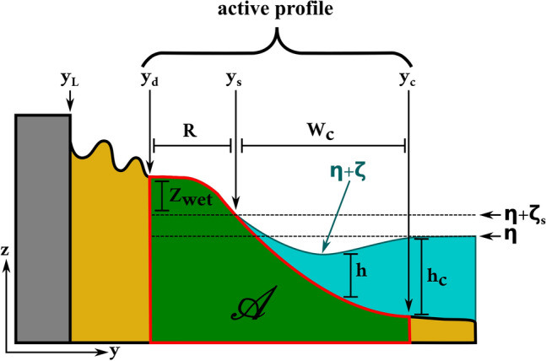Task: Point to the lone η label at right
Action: click(x=510, y=236)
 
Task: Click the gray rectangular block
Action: click(x=42, y=228)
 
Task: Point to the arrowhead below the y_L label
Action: click(x=70, y=107)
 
